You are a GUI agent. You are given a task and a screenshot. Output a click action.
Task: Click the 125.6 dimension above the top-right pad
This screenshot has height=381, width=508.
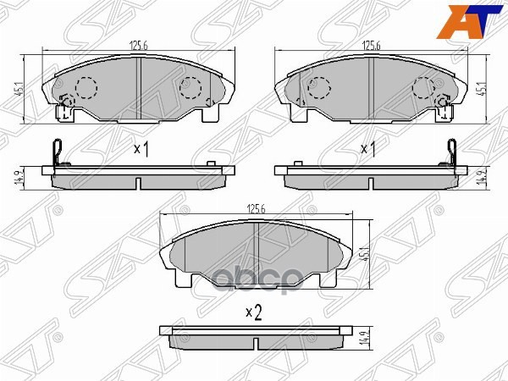(371, 48)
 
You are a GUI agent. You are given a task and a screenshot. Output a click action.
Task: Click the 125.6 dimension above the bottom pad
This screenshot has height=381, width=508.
(256, 209)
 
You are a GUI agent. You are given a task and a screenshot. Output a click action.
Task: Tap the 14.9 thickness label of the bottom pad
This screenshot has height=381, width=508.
(365, 339)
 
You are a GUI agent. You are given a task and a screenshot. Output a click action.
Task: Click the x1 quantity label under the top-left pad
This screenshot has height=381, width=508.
(141, 150)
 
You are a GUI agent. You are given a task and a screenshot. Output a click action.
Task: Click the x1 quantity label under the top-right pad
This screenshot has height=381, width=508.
(369, 150)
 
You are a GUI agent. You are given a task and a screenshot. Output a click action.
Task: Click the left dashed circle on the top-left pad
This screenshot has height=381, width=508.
(86, 86)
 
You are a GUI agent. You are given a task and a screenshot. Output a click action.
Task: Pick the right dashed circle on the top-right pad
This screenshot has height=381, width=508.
(423, 86)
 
